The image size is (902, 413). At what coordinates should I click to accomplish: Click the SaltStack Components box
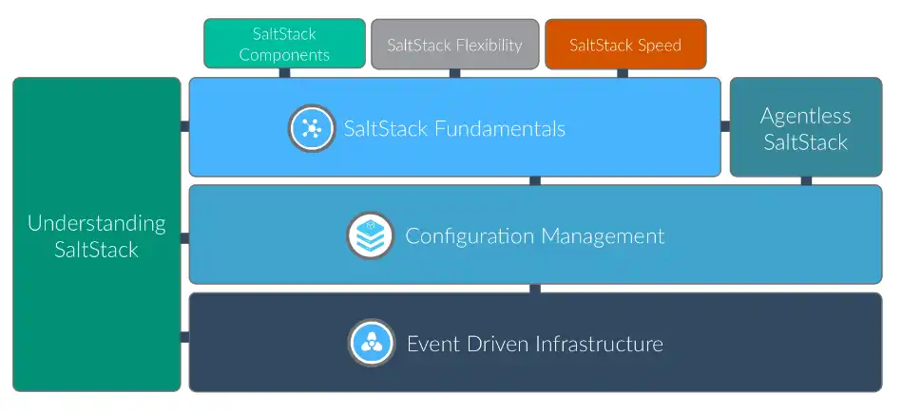click(x=284, y=44)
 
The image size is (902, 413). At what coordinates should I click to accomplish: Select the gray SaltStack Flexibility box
click(x=454, y=45)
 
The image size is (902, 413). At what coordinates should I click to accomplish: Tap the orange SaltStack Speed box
click(x=625, y=45)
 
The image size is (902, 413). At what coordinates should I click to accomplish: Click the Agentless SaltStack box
click(x=805, y=128)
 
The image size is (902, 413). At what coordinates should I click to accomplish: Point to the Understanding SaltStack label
click(x=96, y=236)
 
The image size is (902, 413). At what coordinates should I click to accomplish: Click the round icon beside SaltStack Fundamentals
click(x=311, y=128)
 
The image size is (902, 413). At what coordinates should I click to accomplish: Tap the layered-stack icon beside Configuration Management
click(x=371, y=235)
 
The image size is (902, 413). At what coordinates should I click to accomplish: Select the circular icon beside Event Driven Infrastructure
click(x=371, y=343)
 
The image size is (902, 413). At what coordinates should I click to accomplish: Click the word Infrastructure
click(x=600, y=343)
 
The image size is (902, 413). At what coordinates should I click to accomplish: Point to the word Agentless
click(x=805, y=116)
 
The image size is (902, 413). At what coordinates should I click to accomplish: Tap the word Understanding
click(x=96, y=223)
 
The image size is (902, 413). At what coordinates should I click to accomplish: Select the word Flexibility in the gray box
click(x=489, y=45)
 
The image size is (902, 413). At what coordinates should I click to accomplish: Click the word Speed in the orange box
click(x=660, y=45)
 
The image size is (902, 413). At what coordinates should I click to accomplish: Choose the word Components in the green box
click(x=284, y=54)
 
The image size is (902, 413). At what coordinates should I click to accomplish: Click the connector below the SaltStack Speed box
click(x=623, y=73)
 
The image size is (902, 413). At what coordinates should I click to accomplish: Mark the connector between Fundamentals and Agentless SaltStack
click(x=725, y=126)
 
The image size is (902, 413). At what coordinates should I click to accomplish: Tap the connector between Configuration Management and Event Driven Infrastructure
click(x=535, y=288)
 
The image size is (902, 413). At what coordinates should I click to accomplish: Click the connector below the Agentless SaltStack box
click(x=806, y=180)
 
